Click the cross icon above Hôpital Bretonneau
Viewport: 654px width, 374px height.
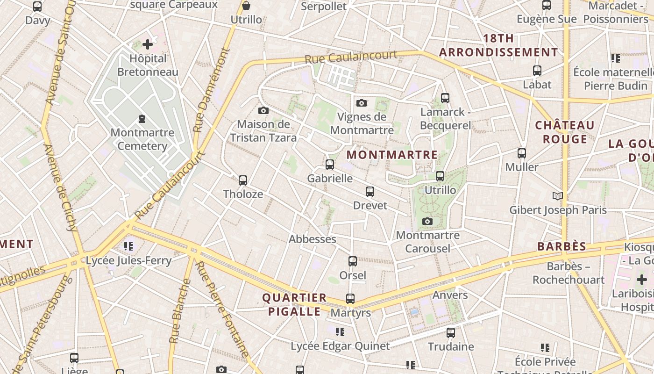(x=148, y=44)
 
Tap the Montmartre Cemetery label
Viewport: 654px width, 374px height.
(x=142, y=139)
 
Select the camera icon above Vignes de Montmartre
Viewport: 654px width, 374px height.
(x=361, y=103)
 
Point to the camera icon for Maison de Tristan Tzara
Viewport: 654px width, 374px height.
(x=263, y=111)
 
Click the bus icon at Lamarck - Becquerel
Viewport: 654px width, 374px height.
(x=445, y=98)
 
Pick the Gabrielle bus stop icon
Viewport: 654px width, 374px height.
(x=330, y=165)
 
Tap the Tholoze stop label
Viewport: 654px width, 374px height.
(x=243, y=194)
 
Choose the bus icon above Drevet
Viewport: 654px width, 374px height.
(x=370, y=192)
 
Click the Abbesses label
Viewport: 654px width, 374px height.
(x=313, y=239)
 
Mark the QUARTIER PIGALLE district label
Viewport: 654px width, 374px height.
(x=294, y=305)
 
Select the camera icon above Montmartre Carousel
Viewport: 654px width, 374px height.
(x=427, y=222)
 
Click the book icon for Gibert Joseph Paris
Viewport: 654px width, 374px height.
(x=558, y=196)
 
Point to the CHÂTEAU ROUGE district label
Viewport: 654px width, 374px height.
(x=565, y=132)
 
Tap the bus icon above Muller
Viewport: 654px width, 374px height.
(x=522, y=153)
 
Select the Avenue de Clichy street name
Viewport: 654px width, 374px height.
(x=60, y=187)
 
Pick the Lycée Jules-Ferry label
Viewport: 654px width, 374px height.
(x=128, y=260)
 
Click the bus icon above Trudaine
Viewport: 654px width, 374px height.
(x=451, y=333)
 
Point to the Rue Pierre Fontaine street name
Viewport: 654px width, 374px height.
(x=222, y=309)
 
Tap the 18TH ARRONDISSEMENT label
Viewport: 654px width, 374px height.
(x=498, y=45)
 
